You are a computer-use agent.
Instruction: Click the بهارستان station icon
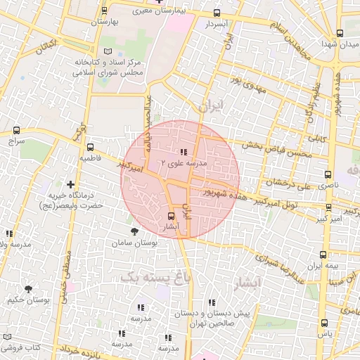click(x=105, y=11)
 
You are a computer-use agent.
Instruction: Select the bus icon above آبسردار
click(x=216, y=13)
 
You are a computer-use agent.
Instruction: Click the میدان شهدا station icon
click(x=340, y=33)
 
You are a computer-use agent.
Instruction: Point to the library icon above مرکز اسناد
click(x=108, y=51)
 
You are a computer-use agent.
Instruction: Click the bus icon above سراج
click(x=17, y=130)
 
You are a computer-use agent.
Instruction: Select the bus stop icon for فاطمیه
click(x=90, y=148)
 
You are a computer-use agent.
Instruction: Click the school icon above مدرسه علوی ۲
click(x=183, y=152)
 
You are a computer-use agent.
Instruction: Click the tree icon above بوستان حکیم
click(x=28, y=288)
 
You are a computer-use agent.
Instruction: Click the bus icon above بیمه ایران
click(x=323, y=255)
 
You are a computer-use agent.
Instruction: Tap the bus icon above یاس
click(x=324, y=323)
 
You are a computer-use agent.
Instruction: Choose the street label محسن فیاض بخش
click(x=274, y=140)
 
